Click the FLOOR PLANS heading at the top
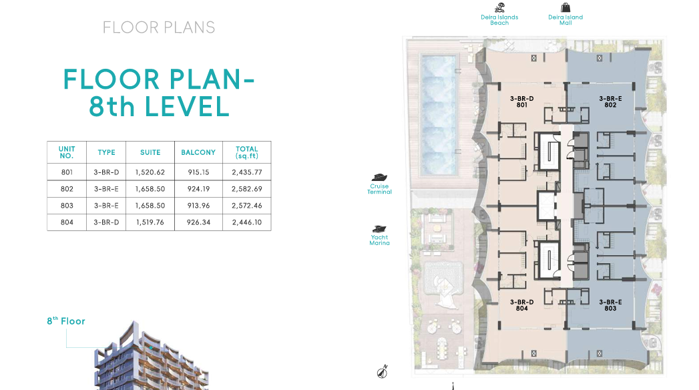point(159,27)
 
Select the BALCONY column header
point(198,152)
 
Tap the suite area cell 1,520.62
point(150,172)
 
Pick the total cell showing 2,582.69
point(247,189)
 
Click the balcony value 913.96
point(198,206)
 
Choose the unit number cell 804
point(67,222)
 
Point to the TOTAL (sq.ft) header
point(247,152)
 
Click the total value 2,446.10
point(247,222)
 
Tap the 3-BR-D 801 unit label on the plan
point(521,102)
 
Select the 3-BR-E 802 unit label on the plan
point(610,102)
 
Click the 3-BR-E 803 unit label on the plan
point(610,305)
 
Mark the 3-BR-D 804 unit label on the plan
point(521,305)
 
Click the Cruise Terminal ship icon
point(379,178)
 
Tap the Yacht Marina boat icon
point(379,229)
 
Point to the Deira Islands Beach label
point(499,20)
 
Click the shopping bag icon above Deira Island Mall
point(565,7)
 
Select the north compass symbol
point(383,371)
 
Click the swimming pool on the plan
point(439,114)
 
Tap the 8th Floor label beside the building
point(66,321)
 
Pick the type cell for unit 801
point(106,172)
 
